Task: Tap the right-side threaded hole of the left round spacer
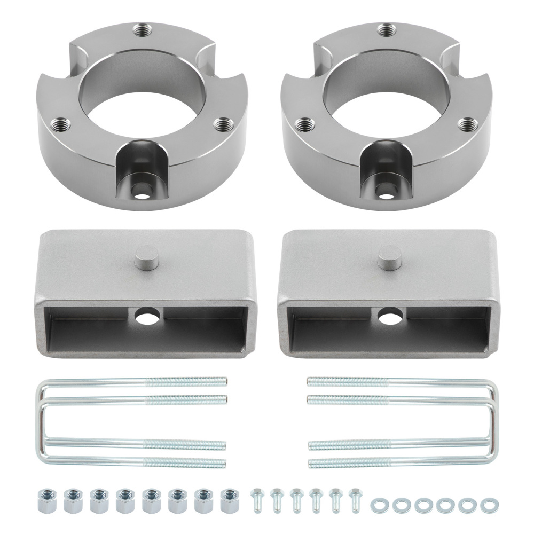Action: (x=221, y=123)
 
